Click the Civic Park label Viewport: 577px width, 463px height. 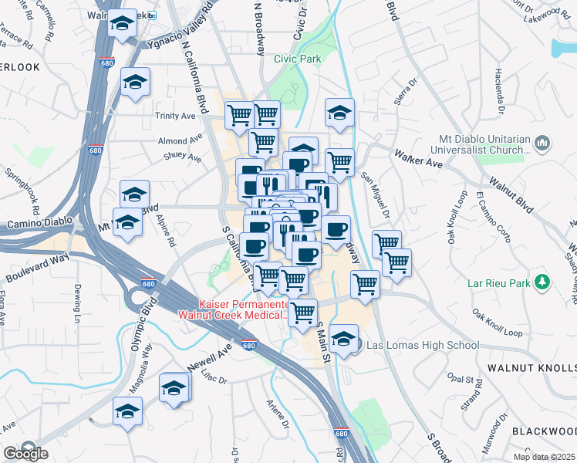(x=297, y=59)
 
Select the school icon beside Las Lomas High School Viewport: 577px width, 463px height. (x=344, y=337)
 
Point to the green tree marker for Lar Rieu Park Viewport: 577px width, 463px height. (x=545, y=282)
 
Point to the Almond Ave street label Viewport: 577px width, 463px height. (x=173, y=141)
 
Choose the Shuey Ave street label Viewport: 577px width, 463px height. (x=183, y=159)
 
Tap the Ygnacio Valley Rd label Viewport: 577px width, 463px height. (x=176, y=25)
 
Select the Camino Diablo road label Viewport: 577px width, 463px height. (x=34, y=224)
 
